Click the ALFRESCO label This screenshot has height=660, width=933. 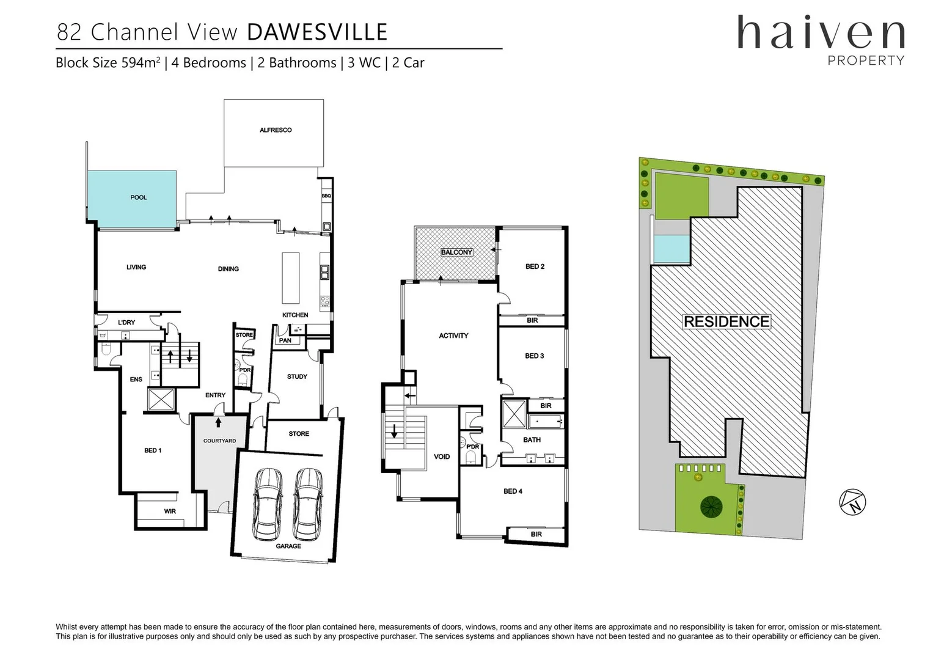click(x=276, y=130)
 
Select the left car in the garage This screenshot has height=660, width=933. click(x=268, y=504)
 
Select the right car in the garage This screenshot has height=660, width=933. click(x=308, y=504)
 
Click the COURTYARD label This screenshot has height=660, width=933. click(x=219, y=441)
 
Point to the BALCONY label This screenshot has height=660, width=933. click(x=456, y=252)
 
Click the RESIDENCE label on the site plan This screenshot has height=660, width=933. click(x=726, y=321)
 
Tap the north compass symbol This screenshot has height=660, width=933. click(x=852, y=502)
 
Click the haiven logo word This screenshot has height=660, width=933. click(x=821, y=34)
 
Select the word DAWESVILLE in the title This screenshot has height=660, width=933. click(x=317, y=32)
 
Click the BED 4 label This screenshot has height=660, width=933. click(x=513, y=491)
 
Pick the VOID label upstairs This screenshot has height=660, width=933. click(x=442, y=457)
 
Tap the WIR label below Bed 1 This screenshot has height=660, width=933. click(x=170, y=511)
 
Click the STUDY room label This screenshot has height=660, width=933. click(x=297, y=376)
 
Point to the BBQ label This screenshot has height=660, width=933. click(x=326, y=196)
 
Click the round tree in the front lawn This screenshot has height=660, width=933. click(x=711, y=506)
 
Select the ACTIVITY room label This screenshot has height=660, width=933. click(x=453, y=335)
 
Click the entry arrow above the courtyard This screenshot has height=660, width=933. click(x=218, y=422)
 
